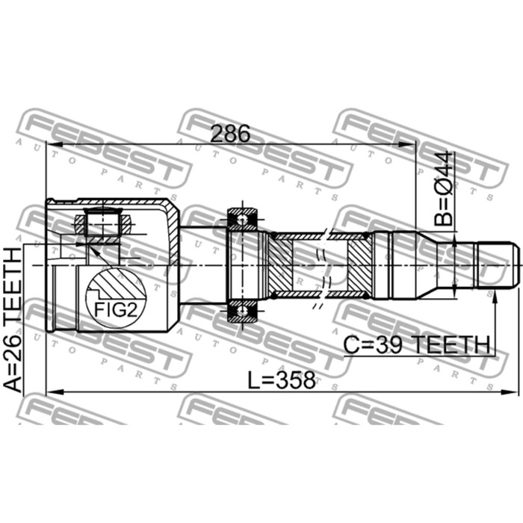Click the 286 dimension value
pos(230,134)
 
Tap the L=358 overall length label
pos(281,380)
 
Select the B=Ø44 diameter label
pos(444,188)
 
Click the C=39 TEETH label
pos(417,345)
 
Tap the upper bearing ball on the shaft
pos(242,220)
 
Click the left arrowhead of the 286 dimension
pos(54,144)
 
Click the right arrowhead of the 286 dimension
pos(408,144)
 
